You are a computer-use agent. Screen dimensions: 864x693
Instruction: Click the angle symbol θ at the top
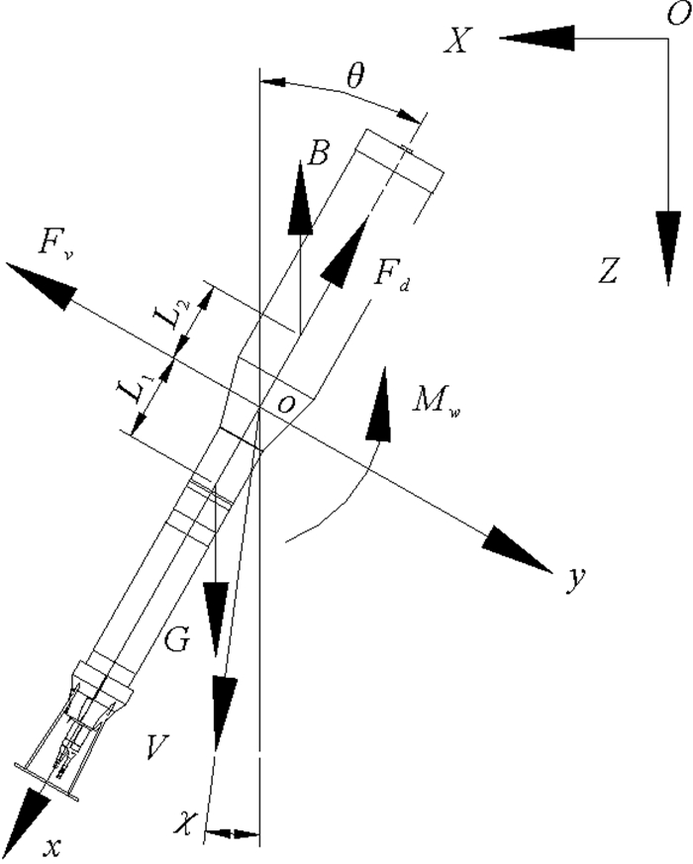click(x=353, y=76)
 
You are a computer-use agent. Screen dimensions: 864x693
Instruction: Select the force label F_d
click(x=392, y=276)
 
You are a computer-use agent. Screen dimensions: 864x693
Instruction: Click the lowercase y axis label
click(x=572, y=579)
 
